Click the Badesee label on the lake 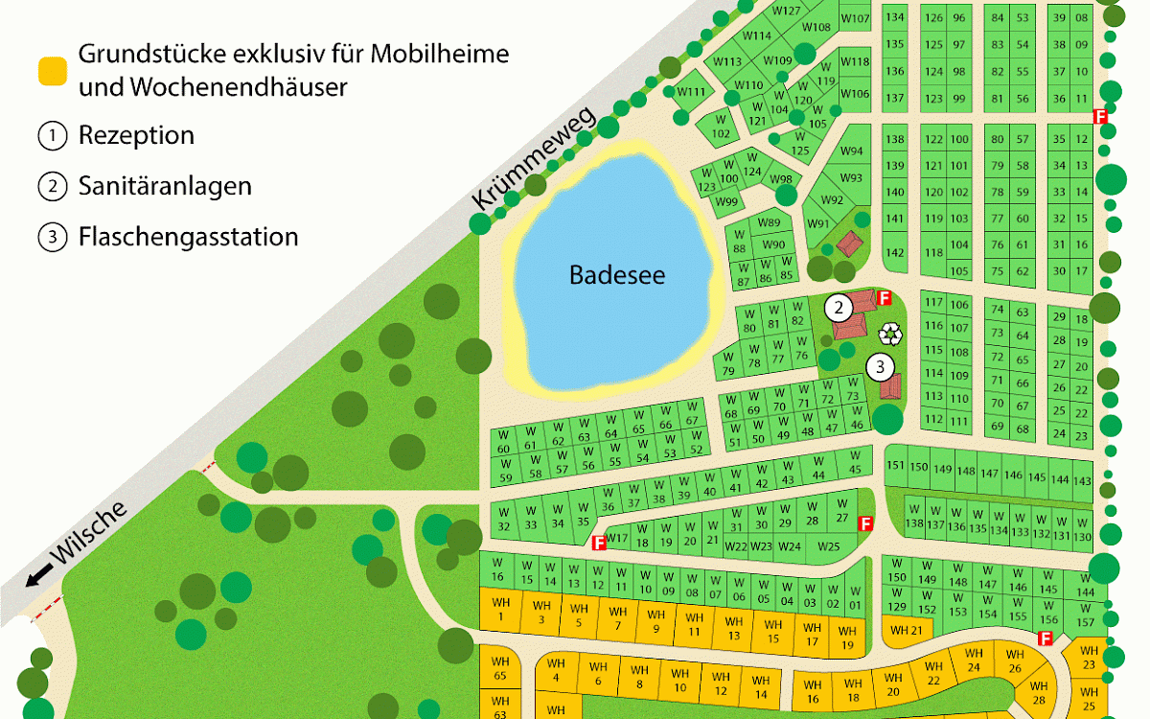coord(617,275)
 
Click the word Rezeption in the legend coord(136,136)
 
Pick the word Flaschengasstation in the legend coord(188,236)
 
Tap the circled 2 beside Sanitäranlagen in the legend coord(52,186)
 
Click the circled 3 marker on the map coord(880,366)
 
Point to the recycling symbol coord(891,334)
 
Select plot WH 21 coord(906,630)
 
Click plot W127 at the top coord(787,12)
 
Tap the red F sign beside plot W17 coord(600,543)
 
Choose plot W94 coord(851,151)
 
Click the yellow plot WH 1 coord(500,609)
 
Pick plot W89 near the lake coord(769,223)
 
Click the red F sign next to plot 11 coord(1101,116)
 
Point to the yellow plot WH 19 coord(847,638)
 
